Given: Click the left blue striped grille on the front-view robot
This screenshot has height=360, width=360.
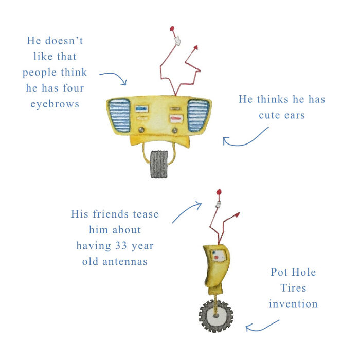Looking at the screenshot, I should tap(120, 115).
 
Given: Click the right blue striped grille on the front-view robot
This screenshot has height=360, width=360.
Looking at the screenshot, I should tap(198, 115).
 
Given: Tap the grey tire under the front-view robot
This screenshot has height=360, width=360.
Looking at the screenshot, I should tap(159, 165).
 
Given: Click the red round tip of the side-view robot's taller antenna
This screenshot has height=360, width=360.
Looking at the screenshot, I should tap(220, 192).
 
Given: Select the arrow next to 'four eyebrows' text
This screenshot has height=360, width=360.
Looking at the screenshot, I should tap(114, 78).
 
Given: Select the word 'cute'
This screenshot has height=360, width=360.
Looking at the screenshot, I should tap(274, 115).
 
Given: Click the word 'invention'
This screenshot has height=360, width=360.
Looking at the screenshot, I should tap(293, 303).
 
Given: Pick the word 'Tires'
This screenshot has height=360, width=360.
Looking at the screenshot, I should tap(294, 287).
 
